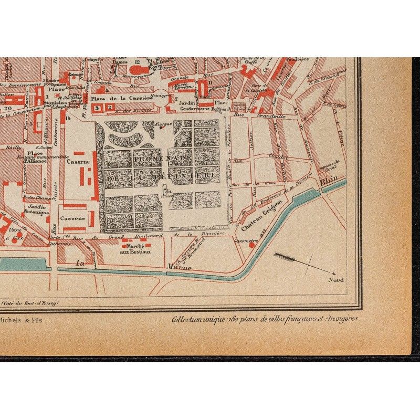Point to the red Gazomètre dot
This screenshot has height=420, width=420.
click(252, 245)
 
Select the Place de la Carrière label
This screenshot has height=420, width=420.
click(115, 98)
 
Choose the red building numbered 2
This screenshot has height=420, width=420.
click(109, 108)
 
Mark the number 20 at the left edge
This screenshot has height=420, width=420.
click(7, 109)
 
